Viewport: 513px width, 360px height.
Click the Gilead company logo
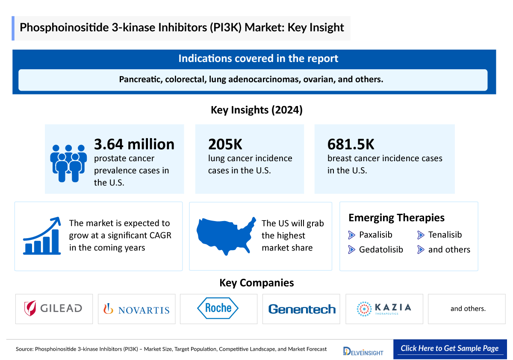click(54, 308)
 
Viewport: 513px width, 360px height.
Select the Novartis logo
click(136, 309)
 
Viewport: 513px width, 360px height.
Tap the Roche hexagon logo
click(218, 308)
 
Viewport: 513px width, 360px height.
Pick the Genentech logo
click(302, 309)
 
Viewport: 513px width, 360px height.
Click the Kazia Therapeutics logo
click(384, 308)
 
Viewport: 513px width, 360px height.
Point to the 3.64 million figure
click(134, 144)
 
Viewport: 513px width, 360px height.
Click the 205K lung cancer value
click(225, 144)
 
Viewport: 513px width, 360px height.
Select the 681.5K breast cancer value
click(351, 144)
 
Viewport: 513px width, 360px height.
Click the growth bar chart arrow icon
click(41, 236)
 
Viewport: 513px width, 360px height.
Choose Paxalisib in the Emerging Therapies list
click(375, 235)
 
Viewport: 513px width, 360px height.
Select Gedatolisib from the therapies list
click(380, 250)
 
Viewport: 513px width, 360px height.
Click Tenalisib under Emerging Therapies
click(445, 235)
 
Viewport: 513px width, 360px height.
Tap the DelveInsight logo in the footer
click(363, 351)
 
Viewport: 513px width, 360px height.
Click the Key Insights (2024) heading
click(256, 110)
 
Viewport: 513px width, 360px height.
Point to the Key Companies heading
click(256, 283)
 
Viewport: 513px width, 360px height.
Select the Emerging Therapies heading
click(396, 218)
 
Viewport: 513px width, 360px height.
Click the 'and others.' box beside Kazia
click(468, 309)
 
